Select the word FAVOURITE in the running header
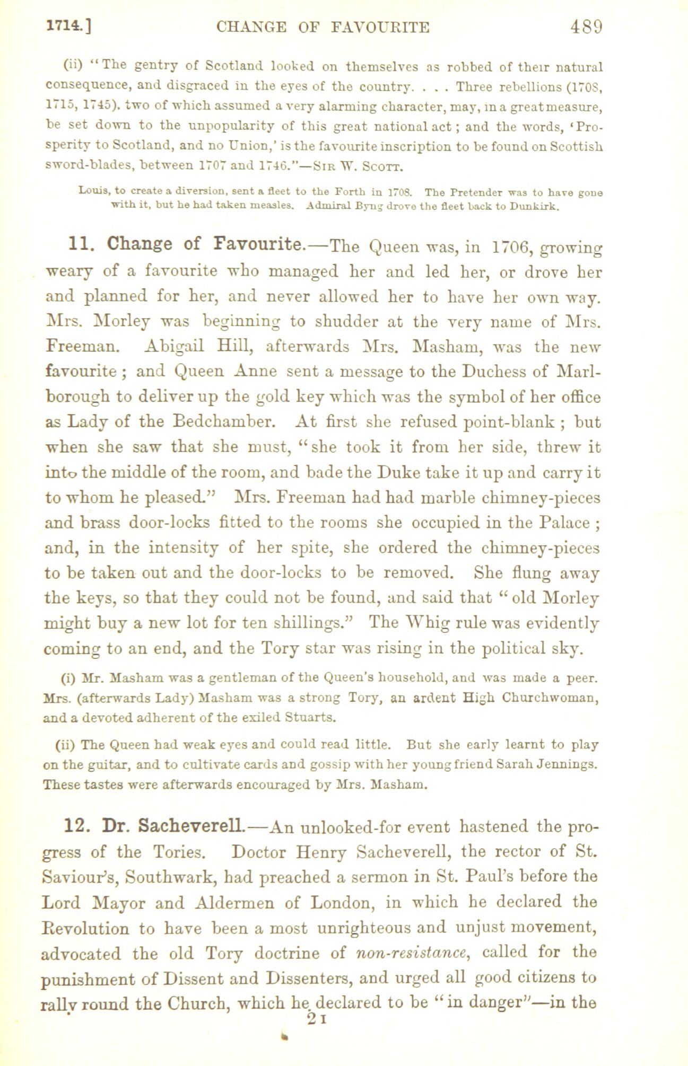click(380, 27)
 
